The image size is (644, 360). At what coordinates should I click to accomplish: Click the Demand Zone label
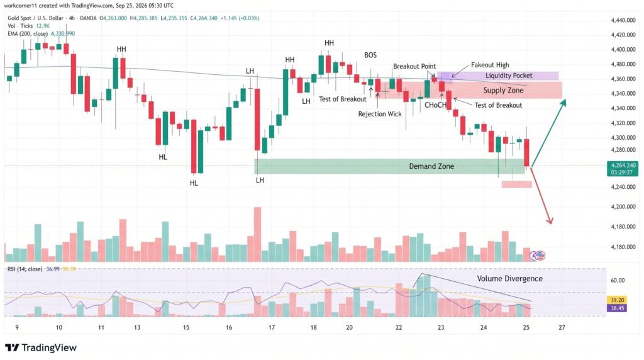tap(431, 166)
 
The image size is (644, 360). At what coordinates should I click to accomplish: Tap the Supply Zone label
tap(503, 91)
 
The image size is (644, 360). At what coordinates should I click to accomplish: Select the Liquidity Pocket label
tap(508, 76)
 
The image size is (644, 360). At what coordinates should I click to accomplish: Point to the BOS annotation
tap(370, 55)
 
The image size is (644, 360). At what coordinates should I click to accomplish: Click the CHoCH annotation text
tap(435, 105)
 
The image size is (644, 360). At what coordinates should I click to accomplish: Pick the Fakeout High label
tap(489, 65)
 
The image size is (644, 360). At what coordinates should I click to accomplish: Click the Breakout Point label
tap(414, 66)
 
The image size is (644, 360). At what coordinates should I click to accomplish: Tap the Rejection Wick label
tap(379, 114)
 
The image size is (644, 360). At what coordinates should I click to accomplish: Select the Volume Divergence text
tap(509, 279)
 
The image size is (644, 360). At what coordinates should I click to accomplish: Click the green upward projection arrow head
tap(564, 103)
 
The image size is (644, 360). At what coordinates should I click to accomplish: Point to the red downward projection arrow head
tap(550, 221)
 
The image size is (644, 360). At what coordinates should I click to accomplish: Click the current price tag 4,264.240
tap(623, 165)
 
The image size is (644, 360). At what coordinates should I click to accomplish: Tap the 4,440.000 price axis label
tap(623, 20)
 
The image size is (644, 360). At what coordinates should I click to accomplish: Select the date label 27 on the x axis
tap(562, 327)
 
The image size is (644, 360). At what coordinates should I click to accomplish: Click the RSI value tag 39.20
tap(618, 300)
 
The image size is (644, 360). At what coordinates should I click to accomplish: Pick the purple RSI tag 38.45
tap(618, 308)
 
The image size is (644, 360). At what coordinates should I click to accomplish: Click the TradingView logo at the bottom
tap(41, 347)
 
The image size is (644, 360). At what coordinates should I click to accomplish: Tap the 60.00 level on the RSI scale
tap(618, 280)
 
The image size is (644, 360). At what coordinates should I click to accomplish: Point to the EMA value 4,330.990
tap(62, 34)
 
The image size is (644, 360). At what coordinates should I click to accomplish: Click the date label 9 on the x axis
tap(17, 327)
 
